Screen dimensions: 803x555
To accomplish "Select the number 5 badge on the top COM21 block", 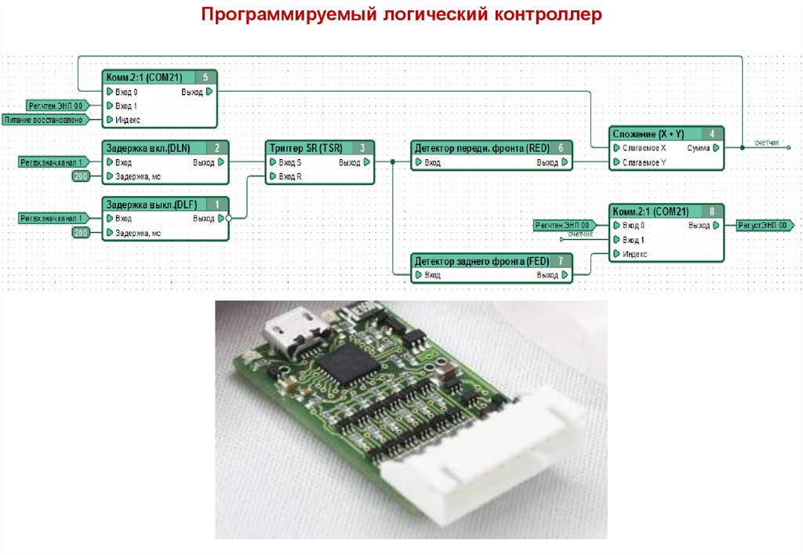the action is [205, 77].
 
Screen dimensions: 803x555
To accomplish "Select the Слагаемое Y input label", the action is [644, 162].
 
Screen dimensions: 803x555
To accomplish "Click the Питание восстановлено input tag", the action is [42, 120].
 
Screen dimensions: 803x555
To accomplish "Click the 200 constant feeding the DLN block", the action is [81, 176].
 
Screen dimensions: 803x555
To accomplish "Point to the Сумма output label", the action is [699, 148].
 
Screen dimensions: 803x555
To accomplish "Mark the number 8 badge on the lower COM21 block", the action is [711, 212].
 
